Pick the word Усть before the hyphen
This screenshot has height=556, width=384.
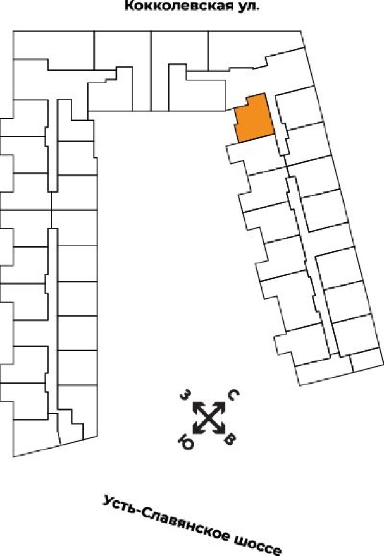(117, 504)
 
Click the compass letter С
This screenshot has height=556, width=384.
(232, 396)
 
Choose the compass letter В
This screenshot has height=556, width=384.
(231, 439)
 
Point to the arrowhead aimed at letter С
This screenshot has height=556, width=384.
(221, 405)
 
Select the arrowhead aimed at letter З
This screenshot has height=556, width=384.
(195, 405)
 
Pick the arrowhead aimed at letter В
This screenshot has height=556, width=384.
(221, 430)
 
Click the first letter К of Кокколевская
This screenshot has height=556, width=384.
(128, 8)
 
